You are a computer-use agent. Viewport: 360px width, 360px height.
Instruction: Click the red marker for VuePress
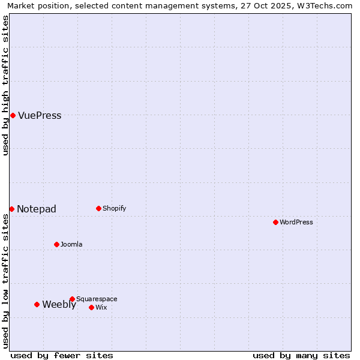(13, 115)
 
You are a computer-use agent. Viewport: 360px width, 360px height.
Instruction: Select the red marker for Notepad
(11, 209)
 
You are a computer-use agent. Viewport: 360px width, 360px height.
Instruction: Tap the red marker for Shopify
(98, 208)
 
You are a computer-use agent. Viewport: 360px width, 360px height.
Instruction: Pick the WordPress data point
(275, 222)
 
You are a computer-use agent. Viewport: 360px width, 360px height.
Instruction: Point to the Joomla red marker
(56, 244)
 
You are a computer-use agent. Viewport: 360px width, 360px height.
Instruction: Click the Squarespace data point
(72, 299)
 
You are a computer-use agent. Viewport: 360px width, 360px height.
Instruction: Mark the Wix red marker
(91, 307)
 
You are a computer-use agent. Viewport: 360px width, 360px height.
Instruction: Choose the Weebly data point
(37, 304)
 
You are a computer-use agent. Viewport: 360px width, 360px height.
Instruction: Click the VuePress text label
(40, 116)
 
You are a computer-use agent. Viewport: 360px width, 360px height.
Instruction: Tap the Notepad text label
(37, 209)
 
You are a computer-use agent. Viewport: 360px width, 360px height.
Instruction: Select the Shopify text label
(114, 209)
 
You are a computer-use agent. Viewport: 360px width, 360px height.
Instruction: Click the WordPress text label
(296, 223)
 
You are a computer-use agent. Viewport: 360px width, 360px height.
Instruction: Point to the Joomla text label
(71, 245)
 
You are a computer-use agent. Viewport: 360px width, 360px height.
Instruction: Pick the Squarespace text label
(97, 299)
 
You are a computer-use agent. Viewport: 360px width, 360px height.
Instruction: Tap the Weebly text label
(59, 305)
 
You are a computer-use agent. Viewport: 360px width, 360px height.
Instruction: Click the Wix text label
(101, 308)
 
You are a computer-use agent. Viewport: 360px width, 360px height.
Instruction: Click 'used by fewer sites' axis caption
(62, 355)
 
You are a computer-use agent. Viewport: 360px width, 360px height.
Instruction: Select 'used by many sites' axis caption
(301, 355)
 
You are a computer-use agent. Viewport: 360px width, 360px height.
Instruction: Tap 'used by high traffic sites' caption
(6, 85)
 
